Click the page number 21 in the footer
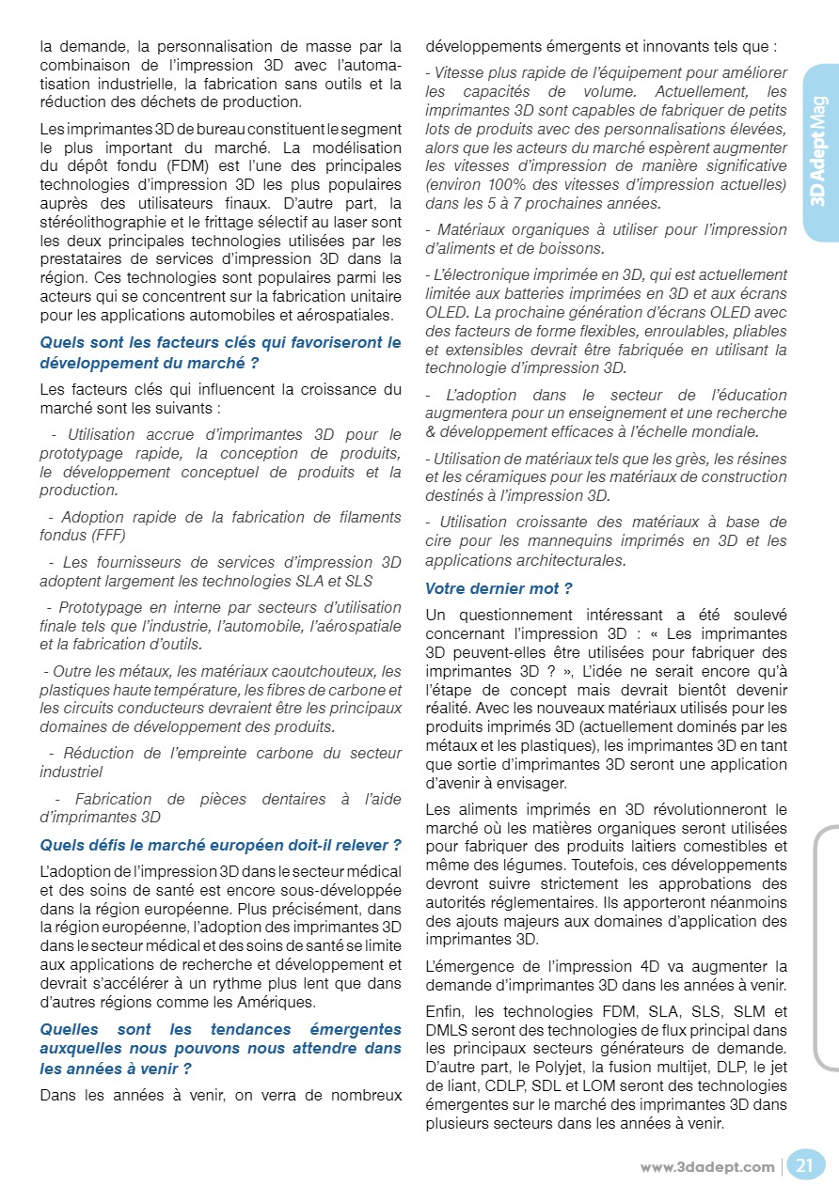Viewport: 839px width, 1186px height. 804,1166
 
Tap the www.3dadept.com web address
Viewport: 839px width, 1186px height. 707,1167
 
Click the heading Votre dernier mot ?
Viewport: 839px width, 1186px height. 499,588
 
